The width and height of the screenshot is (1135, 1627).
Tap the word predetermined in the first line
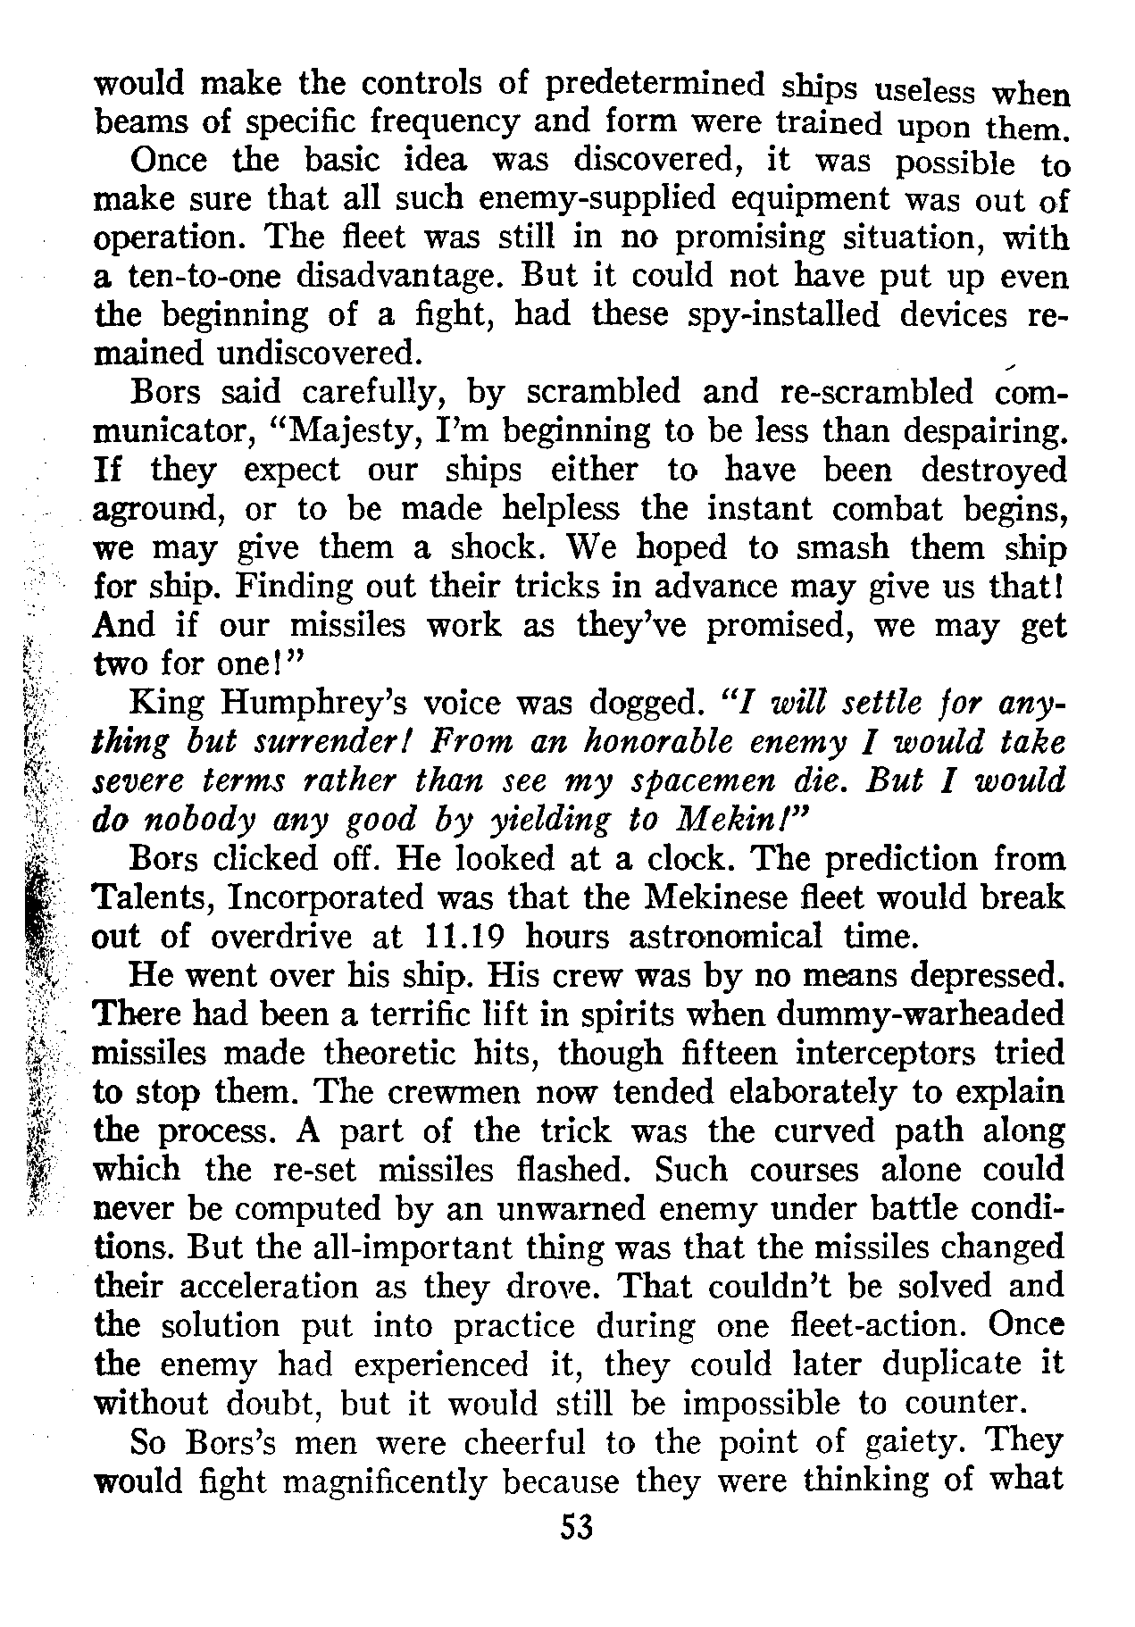click(x=655, y=85)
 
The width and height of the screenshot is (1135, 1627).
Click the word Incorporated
click(x=353, y=897)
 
